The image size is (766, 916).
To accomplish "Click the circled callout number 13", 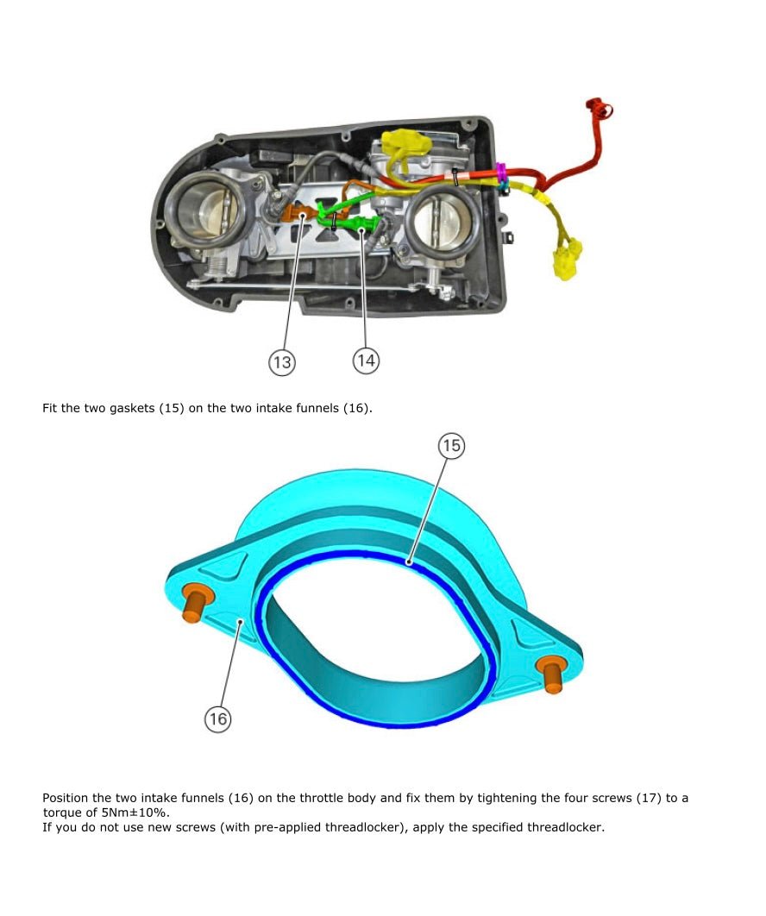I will (282, 362).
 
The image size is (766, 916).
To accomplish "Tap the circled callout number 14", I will (366, 360).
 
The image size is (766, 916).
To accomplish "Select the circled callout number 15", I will (451, 445).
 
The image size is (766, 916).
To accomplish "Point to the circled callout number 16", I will (218, 719).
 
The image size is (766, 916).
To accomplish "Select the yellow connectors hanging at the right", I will (566, 260).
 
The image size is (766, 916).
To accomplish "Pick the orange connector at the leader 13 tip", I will (301, 214).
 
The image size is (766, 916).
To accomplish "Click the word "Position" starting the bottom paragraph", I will (65, 798).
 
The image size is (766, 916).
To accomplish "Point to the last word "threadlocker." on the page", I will (565, 828).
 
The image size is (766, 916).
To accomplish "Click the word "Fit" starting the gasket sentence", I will (50, 407).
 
